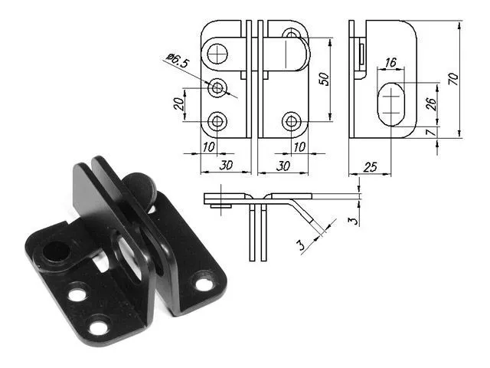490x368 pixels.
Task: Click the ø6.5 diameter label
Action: [x=178, y=61]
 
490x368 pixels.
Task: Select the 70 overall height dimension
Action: [x=452, y=79]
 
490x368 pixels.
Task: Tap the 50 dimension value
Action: [x=324, y=79]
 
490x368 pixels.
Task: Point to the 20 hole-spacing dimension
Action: [x=178, y=104]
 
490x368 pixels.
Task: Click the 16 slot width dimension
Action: [x=390, y=62]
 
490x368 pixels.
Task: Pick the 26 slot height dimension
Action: [x=430, y=104]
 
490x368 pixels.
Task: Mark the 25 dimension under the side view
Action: [x=371, y=167]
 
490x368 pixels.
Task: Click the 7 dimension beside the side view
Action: [x=431, y=132]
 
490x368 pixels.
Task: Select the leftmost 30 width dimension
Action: [x=226, y=166]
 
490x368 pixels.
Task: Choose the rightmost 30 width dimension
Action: [x=283, y=166]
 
